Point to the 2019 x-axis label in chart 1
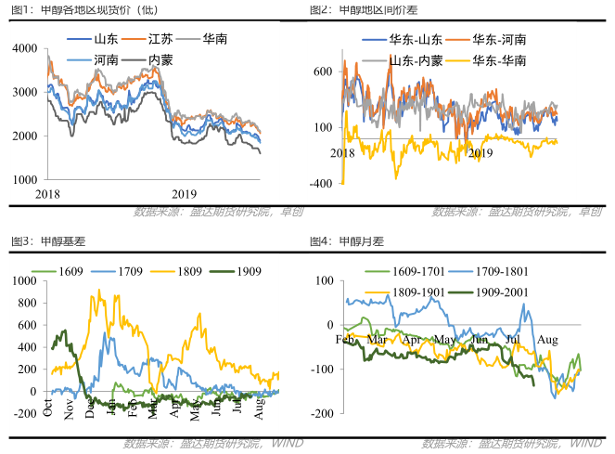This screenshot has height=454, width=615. point(184,193)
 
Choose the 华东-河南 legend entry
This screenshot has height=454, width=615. point(498,40)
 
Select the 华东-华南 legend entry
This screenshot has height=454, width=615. point(498,59)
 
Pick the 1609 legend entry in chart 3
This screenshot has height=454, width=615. point(70,271)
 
